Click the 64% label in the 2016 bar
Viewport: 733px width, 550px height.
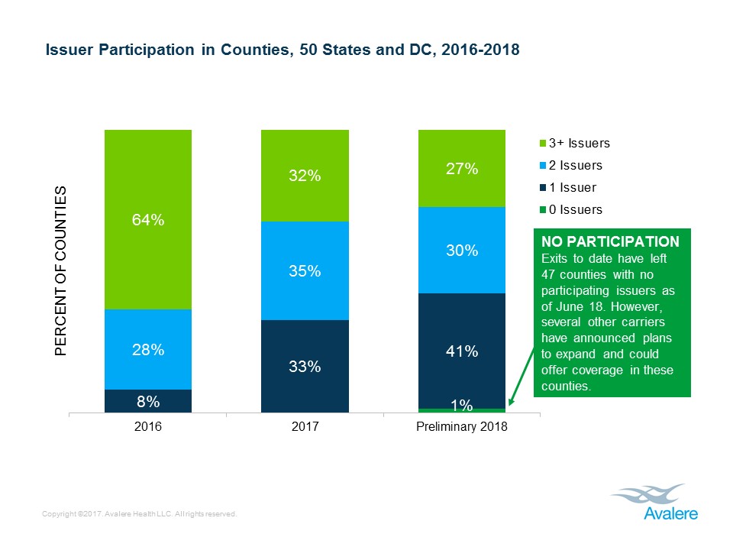click(148, 220)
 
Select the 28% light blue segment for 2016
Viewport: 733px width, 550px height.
click(148, 349)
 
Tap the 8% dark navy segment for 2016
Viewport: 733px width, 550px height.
click(148, 401)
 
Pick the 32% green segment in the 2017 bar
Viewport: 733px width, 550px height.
click(305, 176)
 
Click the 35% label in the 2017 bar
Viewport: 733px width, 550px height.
click(305, 271)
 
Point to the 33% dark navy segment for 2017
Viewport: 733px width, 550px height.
click(305, 367)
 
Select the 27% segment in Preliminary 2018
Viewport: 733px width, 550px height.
click(462, 169)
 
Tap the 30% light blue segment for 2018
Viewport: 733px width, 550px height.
click(462, 250)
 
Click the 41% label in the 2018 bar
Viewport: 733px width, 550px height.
click(462, 351)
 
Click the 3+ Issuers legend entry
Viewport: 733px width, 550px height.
click(573, 143)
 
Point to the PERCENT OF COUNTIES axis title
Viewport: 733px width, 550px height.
click(61, 271)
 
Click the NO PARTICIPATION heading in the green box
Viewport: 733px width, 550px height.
click(610, 241)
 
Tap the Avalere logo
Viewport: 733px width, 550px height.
click(654, 502)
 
